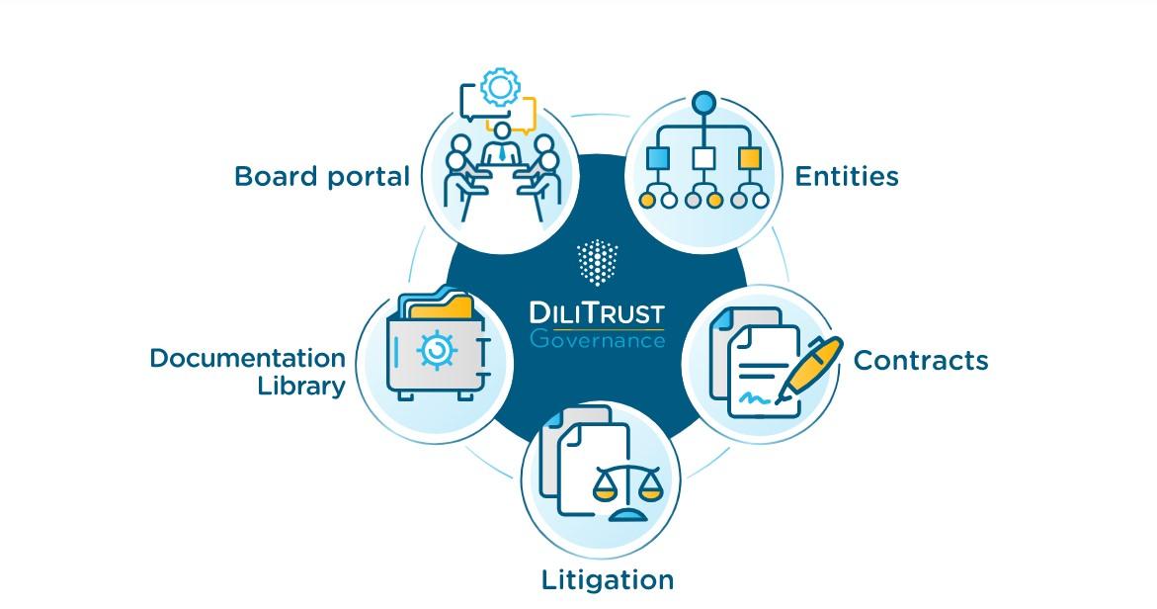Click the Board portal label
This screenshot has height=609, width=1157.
point(321,177)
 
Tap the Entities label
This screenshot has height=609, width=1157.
point(847,176)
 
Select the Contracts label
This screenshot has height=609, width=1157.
point(920,360)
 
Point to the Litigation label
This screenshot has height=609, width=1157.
point(608,579)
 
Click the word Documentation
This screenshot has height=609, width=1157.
point(248,358)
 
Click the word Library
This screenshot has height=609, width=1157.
point(301,386)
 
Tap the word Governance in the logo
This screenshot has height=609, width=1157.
point(597,339)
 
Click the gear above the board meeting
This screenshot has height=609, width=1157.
point(500,88)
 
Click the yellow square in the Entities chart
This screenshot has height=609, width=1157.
point(750,158)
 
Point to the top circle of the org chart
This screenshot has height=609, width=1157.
point(703,102)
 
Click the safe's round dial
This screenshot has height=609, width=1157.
point(433,351)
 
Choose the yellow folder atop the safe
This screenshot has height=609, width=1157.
point(441,308)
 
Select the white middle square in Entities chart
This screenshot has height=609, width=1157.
point(703,158)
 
